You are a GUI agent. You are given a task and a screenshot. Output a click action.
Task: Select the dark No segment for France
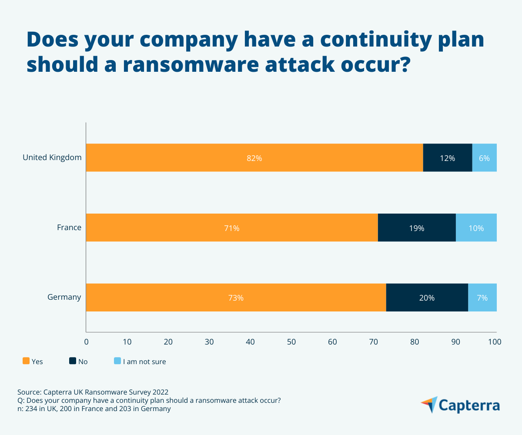point(417,228)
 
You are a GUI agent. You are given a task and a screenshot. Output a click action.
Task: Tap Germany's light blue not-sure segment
point(482,298)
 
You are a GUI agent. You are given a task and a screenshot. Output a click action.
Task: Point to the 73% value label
point(236,298)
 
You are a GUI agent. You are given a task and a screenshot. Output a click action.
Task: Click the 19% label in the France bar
point(417,228)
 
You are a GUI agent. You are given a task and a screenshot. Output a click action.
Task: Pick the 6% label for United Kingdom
point(484,158)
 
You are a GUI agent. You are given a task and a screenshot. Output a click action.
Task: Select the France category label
point(69,228)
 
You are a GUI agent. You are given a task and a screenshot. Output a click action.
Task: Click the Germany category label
point(64,298)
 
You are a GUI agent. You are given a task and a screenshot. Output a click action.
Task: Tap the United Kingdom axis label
point(52,157)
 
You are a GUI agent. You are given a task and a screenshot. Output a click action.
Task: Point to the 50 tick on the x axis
point(291,342)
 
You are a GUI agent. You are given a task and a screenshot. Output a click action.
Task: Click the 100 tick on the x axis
point(495,342)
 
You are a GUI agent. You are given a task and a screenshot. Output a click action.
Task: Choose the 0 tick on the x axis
point(87,342)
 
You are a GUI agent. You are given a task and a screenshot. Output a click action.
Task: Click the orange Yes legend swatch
point(26,361)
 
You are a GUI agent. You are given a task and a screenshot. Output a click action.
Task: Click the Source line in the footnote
point(93,391)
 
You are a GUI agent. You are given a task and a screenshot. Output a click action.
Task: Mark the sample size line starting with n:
point(94,409)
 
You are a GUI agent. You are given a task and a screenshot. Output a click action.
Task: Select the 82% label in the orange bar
point(254,158)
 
